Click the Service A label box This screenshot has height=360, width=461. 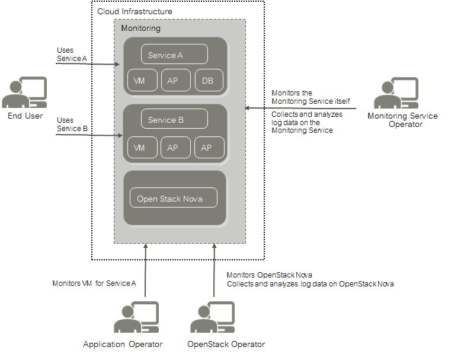point(174,55)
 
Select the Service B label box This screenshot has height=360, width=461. point(174,120)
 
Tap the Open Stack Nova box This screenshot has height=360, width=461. point(174,198)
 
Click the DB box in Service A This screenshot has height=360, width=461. point(207,81)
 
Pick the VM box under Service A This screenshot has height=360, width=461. point(143,81)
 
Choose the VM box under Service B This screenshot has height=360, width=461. point(143,148)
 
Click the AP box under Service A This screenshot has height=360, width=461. point(175,81)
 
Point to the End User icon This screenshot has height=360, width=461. point(24,93)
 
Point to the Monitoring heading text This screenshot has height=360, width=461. point(140,28)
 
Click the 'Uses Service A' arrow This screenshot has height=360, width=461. point(89,63)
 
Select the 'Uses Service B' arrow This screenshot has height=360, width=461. point(89,135)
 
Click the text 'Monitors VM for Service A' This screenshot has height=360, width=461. point(94,283)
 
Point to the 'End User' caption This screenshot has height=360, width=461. point(25,116)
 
